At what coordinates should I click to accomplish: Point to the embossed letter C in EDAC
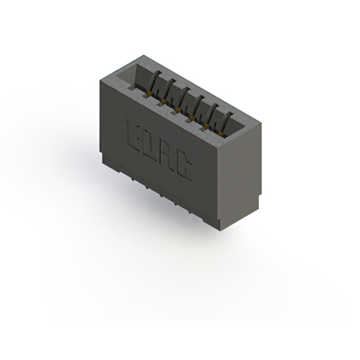pos(185,165)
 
